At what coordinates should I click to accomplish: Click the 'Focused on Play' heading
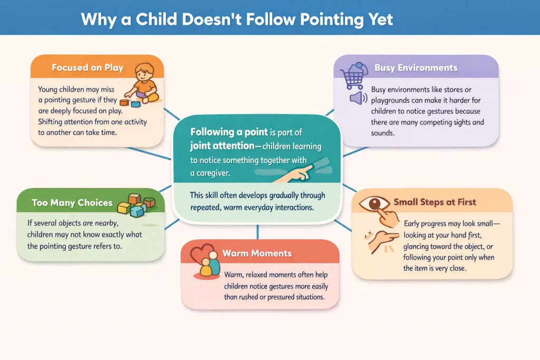click(x=87, y=67)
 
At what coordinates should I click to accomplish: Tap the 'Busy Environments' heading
click(x=416, y=67)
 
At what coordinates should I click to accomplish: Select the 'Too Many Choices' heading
click(x=72, y=202)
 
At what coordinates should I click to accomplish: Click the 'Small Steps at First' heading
click(x=435, y=202)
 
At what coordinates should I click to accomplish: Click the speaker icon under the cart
click(x=358, y=98)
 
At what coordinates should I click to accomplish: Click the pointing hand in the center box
click(x=295, y=169)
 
